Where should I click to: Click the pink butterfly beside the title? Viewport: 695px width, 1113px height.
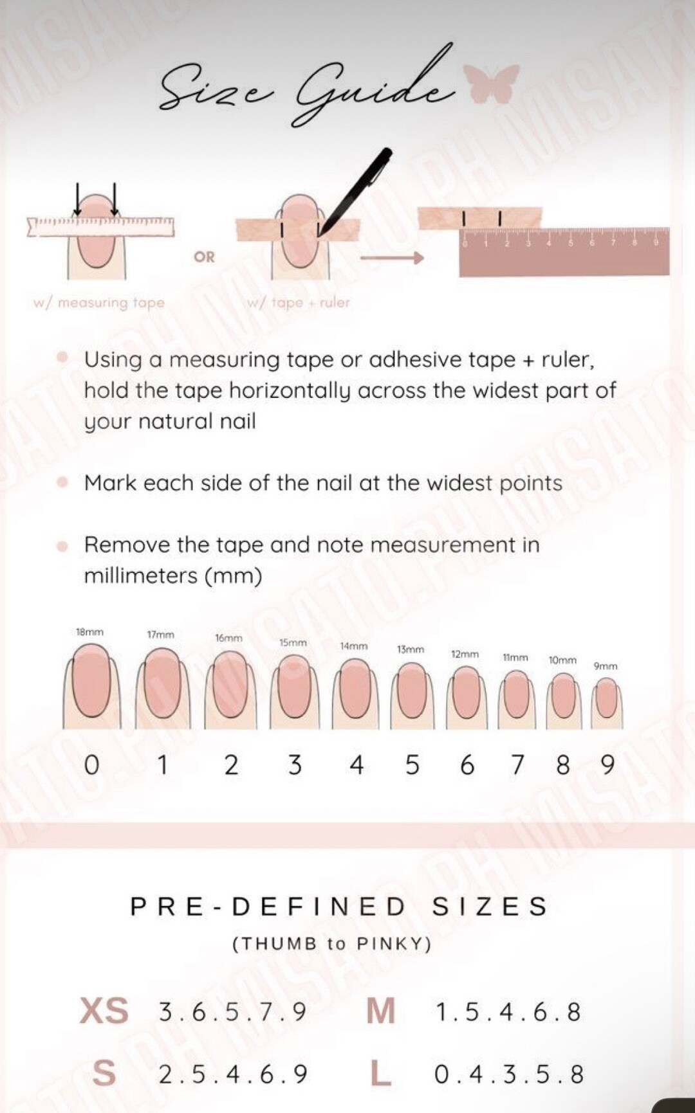coord(492,84)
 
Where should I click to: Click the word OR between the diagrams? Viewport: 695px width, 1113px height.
coord(204,257)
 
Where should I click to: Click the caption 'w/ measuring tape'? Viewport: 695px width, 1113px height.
coord(99,302)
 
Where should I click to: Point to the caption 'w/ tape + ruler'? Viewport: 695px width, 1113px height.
coord(299,302)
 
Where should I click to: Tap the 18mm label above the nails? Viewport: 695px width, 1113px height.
coord(89,632)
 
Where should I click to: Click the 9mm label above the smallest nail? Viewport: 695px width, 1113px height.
coord(605,666)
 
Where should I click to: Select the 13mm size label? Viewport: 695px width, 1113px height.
coord(411,649)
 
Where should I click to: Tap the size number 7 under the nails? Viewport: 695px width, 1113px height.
coord(517,765)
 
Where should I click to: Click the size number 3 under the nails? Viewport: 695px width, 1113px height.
coord(295,765)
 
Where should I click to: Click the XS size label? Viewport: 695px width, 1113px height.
coord(104,1011)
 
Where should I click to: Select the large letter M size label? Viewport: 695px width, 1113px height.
coord(380,1011)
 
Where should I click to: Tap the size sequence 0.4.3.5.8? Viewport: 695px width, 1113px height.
coord(508,1074)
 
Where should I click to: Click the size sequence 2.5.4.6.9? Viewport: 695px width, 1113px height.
coord(233,1074)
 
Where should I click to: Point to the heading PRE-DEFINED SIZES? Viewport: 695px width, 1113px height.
coord(338,907)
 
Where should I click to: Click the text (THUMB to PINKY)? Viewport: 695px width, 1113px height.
coord(331,944)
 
